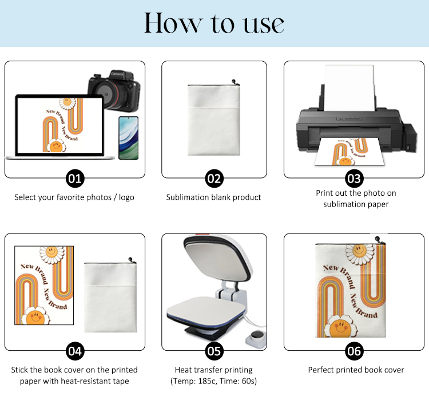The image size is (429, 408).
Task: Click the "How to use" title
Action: click(214, 23)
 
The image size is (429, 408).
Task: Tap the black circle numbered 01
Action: click(75, 179)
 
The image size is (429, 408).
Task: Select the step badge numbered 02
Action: click(214, 179)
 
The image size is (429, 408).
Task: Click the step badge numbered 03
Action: click(354, 179)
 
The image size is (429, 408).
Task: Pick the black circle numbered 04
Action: click(75, 351)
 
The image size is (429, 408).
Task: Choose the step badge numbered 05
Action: click(214, 351)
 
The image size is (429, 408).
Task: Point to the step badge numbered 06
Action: click(354, 351)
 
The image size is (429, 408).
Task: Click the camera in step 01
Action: click(114, 91)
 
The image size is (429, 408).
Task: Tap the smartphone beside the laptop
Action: click(129, 138)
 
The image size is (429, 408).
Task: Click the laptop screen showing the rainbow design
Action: click(59, 125)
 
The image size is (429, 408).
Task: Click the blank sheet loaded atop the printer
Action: click(349, 88)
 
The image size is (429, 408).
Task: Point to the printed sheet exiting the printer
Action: click(349, 152)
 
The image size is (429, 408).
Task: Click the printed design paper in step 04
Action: click(44, 286)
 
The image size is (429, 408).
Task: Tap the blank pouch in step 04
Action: click(110, 295)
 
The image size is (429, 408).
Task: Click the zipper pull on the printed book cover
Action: click(379, 240)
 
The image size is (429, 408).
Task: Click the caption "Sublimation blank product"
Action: click(214, 197)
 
